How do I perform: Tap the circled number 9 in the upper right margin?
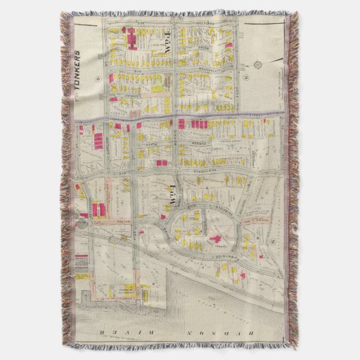point(257,65)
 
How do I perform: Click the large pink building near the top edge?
point(129,41)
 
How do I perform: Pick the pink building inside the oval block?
point(218,240)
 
